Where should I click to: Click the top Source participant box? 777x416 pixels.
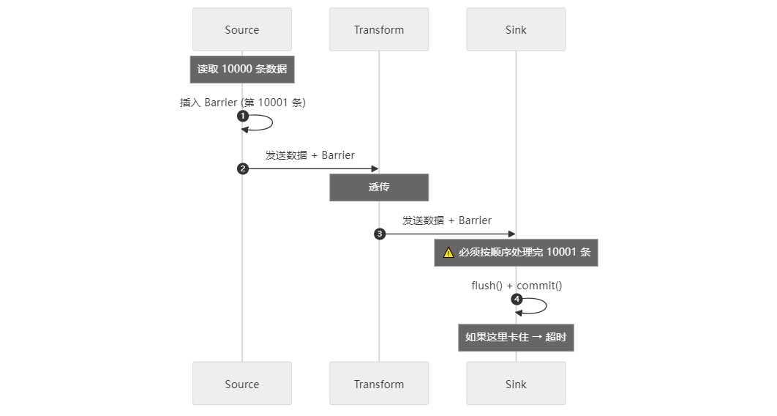tap(242, 30)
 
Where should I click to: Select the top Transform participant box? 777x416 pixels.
tap(379, 30)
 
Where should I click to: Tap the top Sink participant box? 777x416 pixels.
tap(516, 30)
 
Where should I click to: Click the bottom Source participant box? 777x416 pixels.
tap(242, 384)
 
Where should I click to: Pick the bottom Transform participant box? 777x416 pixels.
tap(379, 384)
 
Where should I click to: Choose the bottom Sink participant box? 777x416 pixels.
tap(516, 384)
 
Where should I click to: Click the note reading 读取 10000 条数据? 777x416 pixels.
tap(242, 70)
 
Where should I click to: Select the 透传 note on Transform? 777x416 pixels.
tap(379, 187)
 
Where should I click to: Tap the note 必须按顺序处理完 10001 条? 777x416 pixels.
tap(516, 253)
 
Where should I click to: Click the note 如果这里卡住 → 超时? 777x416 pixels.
tap(516, 338)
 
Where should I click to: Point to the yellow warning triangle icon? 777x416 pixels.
tap(448, 253)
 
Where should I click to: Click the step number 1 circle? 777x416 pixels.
tap(243, 116)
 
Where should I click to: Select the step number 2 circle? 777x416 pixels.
tap(243, 169)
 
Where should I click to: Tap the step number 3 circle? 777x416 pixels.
tap(380, 234)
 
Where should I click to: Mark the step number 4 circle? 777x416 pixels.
tap(517, 300)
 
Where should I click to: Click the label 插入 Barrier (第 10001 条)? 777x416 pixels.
tap(243, 103)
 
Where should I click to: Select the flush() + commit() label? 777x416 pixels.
tap(517, 286)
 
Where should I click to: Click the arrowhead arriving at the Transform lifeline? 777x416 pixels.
tap(375, 169)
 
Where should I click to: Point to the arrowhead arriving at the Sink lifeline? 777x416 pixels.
tap(511, 234)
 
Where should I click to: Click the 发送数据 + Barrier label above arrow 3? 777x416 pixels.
tap(447, 220)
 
